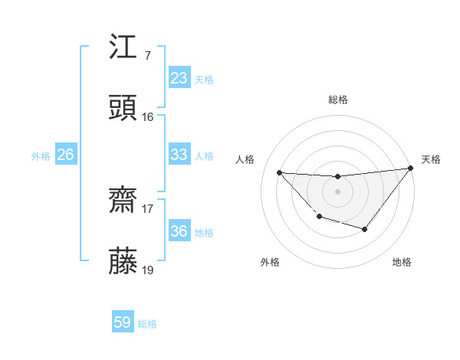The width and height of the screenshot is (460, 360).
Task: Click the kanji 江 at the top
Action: (123, 47)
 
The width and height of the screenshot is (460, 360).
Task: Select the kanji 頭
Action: (123, 108)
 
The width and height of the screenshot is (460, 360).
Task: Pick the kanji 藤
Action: (123, 260)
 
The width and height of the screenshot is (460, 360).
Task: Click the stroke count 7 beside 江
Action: (147, 56)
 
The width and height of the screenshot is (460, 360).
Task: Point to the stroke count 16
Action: (147, 117)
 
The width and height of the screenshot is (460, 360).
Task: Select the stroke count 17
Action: (147, 208)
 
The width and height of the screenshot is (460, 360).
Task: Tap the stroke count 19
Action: (147, 270)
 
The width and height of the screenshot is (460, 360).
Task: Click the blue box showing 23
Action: (179, 78)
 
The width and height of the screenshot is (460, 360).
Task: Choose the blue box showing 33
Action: (179, 155)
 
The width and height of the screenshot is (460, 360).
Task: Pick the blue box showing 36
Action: (179, 231)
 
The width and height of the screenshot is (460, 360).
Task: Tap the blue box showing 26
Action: (65, 155)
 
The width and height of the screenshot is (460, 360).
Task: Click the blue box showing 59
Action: (123, 322)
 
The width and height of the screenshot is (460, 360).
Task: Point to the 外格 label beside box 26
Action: (41, 156)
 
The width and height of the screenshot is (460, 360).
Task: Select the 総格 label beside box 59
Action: (147, 324)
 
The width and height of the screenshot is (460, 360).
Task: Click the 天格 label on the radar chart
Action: (431, 159)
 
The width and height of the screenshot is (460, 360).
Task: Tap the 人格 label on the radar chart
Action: (245, 159)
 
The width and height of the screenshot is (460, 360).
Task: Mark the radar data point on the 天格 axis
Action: (411, 169)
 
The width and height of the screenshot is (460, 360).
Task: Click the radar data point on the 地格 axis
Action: (365, 229)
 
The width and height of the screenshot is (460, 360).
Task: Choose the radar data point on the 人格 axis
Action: (280, 173)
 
